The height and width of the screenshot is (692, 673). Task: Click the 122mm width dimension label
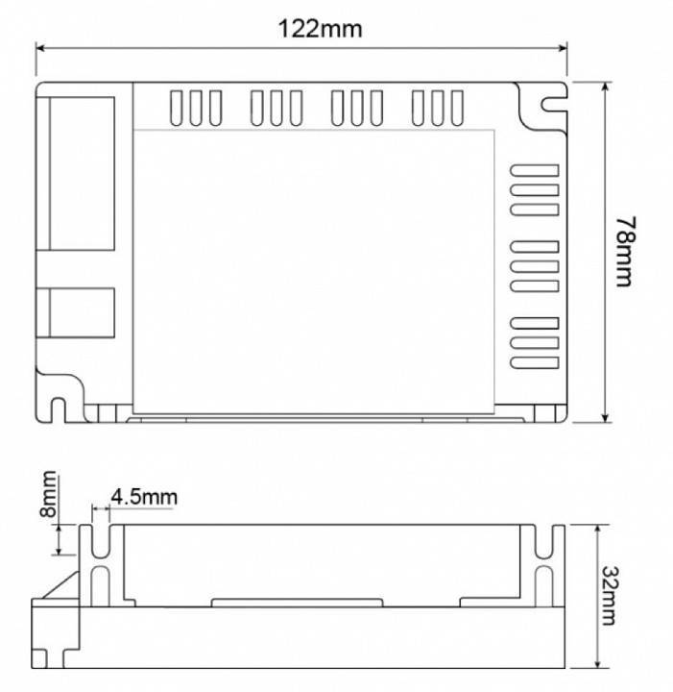click(321, 28)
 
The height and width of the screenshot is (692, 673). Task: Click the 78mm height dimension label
click(625, 251)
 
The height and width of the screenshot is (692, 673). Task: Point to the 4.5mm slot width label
click(143, 497)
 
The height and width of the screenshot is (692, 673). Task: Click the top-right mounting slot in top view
click(550, 101)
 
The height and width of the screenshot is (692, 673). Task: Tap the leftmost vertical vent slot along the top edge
click(177, 107)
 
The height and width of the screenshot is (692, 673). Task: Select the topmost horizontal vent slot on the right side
click(534, 170)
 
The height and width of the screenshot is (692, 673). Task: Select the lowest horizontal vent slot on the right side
click(534, 361)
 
